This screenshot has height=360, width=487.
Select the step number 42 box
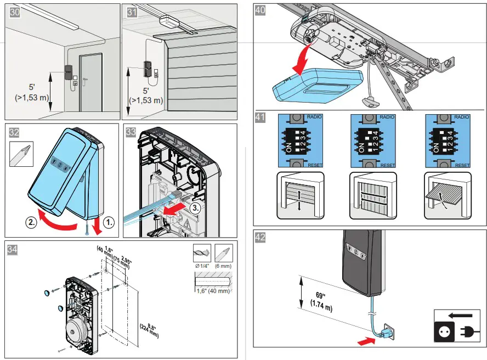click(x=261, y=238)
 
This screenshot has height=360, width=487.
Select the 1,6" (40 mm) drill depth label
click(x=213, y=291)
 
